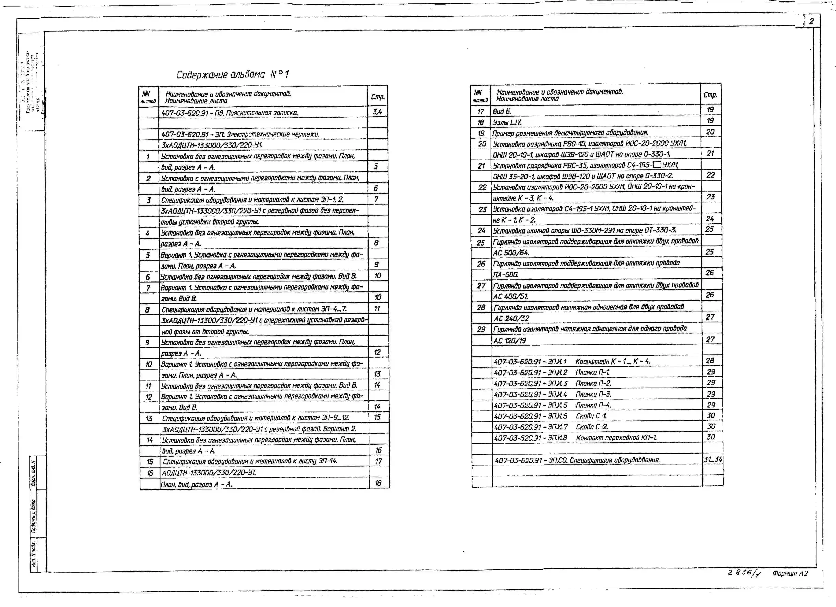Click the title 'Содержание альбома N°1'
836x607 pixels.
click(232, 75)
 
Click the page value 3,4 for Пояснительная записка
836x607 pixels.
click(377, 112)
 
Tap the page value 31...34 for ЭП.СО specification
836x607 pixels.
click(713, 459)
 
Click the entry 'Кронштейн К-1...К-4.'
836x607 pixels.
click(613, 361)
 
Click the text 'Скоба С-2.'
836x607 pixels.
click(592, 427)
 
